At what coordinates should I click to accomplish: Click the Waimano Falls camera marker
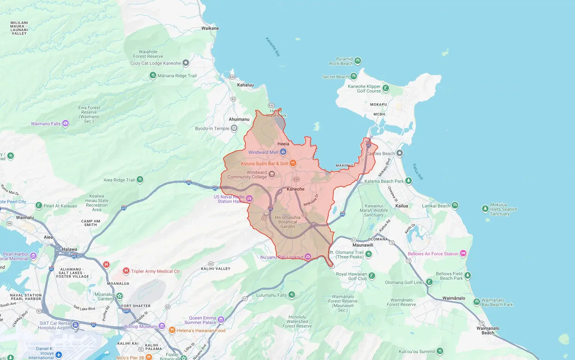(x=65, y=123)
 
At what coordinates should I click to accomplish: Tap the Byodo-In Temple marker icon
(x=234, y=128)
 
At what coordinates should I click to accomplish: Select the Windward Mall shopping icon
(x=283, y=152)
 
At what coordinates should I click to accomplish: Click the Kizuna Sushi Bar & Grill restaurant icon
(x=293, y=163)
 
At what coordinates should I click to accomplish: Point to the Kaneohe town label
(x=295, y=189)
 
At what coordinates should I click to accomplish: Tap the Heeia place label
(x=283, y=143)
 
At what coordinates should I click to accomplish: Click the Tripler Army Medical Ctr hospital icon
(x=126, y=271)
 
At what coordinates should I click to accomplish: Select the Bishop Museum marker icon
(x=162, y=326)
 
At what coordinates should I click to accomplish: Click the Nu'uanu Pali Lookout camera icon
(x=308, y=257)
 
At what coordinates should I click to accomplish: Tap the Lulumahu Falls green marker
(x=291, y=295)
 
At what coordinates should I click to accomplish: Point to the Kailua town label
(x=401, y=206)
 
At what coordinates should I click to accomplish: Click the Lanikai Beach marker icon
(x=455, y=205)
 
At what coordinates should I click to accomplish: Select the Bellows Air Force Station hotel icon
(x=463, y=254)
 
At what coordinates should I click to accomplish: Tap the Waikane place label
(x=210, y=28)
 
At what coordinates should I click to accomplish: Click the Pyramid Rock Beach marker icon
(x=358, y=61)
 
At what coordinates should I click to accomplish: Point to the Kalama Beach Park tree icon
(x=408, y=181)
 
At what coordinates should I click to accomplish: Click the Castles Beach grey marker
(x=400, y=153)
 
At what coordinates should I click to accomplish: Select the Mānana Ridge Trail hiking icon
(x=153, y=76)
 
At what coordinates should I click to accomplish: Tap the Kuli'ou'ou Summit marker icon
(x=440, y=351)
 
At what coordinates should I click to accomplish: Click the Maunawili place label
(x=363, y=245)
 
